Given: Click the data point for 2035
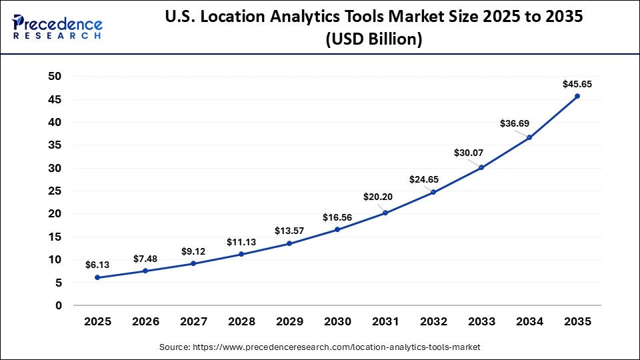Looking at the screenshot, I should point(577,96).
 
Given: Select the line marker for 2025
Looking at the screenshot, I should point(97,277).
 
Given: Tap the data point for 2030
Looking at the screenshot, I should point(337,229).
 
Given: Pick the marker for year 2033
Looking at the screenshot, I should point(481,167).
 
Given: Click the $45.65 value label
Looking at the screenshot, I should point(576,84).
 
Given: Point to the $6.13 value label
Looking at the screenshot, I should point(97,265).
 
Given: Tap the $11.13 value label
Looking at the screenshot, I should point(241,242).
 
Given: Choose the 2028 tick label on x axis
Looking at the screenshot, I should point(241,321).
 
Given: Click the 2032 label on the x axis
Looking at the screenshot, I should point(433,321).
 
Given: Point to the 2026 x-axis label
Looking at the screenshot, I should point(145,321).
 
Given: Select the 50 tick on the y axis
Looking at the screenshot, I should point(55,77).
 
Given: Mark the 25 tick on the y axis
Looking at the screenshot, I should point(55,191).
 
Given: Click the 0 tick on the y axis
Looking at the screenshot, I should point(59,305).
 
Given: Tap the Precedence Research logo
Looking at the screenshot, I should point(57,27).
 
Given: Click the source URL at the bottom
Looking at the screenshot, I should point(320,347).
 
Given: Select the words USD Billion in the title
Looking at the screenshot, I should point(373,39).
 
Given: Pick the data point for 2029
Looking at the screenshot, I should point(289,243).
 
